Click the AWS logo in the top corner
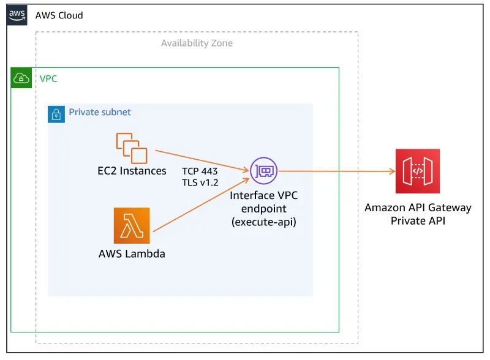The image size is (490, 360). tap(17, 15)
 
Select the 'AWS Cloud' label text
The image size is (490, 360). tap(59, 15)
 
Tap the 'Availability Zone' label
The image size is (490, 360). tap(197, 43)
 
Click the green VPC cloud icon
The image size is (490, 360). tap(21, 78)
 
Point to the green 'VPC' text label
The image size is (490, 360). tap(48, 78)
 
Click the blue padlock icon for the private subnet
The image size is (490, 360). tap(56, 113)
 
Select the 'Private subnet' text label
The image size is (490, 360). tap(100, 113)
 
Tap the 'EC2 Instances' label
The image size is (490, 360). tap(132, 171)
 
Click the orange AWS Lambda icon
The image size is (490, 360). tap(132, 225)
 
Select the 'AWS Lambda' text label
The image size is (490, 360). tap(132, 253)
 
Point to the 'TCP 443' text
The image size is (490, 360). tap(200, 171)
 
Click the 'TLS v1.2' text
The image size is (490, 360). tap(200, 182)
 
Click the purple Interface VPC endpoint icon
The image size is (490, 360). tap(264, 171)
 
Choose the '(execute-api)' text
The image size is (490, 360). tap(264, 222)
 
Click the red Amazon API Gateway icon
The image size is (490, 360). tap(418, 171)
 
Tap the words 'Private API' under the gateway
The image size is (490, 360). tap(418, 220)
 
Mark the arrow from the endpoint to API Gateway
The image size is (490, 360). tap(337, 171)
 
